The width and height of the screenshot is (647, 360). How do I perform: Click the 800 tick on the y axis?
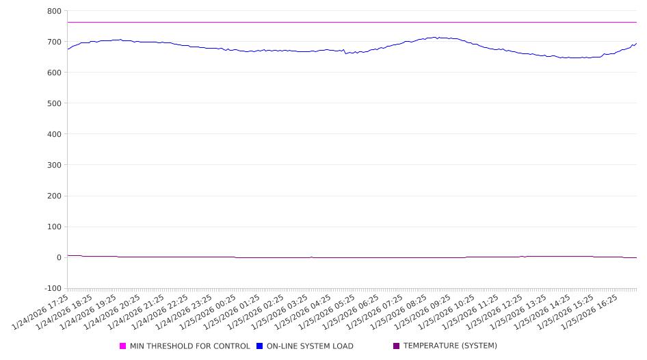tap(53, 11)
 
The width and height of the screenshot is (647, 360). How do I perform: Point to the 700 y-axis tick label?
tap(53, 42)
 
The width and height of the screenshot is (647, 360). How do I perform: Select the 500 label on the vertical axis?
tap(53, 103)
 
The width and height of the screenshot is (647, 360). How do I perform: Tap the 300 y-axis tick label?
tap(53, 165)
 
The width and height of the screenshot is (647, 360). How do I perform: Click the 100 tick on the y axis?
tap(53, 227)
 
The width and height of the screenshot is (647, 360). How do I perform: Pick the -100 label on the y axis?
tap(51, 288)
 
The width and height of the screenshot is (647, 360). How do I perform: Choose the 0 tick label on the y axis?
tap(58, 257)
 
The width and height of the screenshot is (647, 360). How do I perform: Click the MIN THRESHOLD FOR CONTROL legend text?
tap(189, 346)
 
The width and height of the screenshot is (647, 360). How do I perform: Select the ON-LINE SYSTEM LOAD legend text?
tap(310, 346)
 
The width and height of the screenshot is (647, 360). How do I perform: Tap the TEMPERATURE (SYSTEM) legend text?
tap(450, 346)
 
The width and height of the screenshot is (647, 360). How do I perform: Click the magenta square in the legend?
tap(123, 346)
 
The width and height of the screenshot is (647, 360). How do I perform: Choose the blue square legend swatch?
tap(260, 346)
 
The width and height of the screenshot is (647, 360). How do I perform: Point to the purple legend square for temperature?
tap(397, 346)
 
